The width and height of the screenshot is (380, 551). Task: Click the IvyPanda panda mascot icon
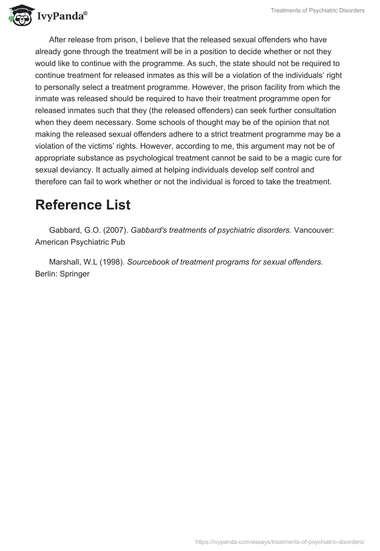tap(19, 15)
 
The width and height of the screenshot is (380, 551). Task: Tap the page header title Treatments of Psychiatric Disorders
tap(317, 10)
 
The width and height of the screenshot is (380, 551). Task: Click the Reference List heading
tap(83, 205)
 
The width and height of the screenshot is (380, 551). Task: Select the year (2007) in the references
tap(114, 230)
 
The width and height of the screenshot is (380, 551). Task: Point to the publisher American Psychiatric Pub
tap(80, 242)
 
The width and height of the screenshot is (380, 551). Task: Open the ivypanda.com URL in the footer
tap(280, 541)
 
